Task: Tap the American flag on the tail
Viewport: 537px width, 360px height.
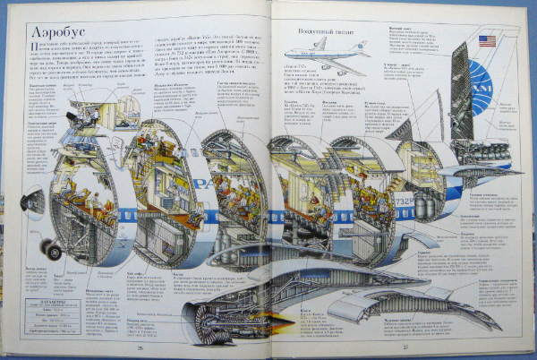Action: (x=488, y=41)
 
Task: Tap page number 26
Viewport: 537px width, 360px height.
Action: (x=141, y=349)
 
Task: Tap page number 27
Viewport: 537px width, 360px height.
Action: (x=404, y=349)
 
